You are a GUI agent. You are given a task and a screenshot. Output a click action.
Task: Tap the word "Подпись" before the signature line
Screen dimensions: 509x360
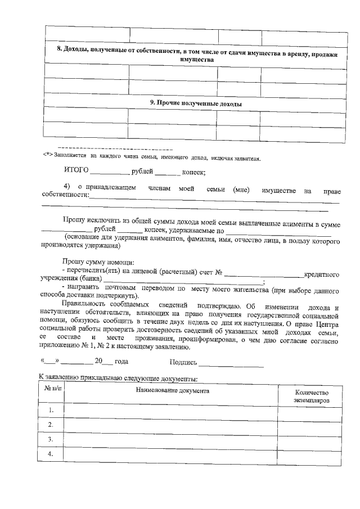coord(183,363)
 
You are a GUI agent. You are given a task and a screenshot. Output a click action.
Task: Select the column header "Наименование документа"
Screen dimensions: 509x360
coord(171,390)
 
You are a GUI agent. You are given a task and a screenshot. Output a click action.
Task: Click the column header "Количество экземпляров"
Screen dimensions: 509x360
coord(310,396)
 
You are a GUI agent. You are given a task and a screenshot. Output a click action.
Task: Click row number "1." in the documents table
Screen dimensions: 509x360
coord(51,411)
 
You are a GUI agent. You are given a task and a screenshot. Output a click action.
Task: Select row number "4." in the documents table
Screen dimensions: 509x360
coord(51,454)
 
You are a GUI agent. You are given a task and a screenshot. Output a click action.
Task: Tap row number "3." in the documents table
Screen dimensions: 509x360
coord(51,439)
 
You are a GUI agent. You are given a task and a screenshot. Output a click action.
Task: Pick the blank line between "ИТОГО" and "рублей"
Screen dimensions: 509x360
coord(109,174)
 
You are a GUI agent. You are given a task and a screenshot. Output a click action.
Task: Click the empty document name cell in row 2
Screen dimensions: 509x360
coord(171,425)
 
